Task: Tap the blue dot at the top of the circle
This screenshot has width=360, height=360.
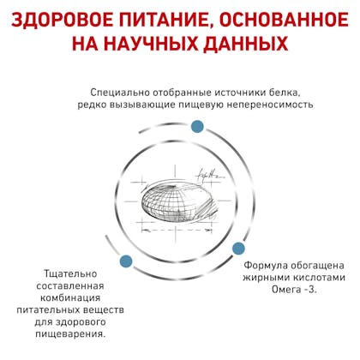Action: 197,127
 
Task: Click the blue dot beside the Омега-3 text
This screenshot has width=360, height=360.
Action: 238,249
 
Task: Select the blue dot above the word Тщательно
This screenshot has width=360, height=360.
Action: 126,261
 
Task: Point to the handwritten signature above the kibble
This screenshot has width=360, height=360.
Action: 207,174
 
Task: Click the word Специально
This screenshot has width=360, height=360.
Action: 120,93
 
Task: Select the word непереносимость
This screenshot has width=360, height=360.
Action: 270,105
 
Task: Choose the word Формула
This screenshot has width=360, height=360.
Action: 266,266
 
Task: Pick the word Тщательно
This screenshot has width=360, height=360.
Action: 70,274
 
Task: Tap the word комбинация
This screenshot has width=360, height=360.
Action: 70,298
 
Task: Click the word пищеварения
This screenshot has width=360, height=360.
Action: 70,334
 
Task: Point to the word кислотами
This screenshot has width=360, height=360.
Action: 320,278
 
